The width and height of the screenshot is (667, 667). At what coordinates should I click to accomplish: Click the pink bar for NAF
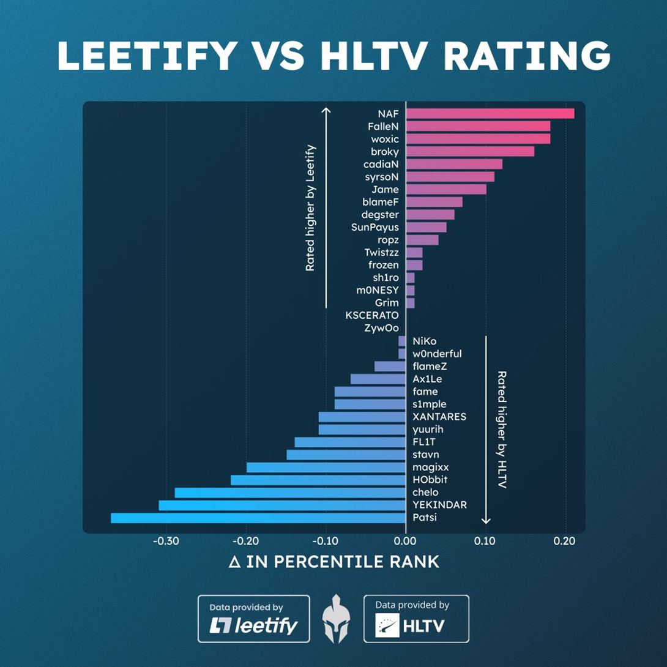click(x=490, y=113)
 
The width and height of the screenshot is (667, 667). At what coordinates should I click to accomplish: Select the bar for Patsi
click(x=258, y=518)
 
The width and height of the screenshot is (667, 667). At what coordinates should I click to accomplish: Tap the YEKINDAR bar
click(x=281, y=505)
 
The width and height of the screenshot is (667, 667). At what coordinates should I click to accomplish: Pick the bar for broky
click(x=469, y=151)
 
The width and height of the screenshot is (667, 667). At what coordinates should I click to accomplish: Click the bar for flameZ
click(x=390, y=367)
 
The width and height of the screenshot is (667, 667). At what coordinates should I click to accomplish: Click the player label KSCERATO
click(x=372, y=316)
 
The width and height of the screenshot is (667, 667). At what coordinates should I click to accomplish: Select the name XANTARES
click(x=439, y=417)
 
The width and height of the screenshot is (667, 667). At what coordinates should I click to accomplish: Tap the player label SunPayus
click(x=375, y=227)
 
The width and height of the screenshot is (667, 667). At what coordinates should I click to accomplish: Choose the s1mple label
click(x=430, y=404)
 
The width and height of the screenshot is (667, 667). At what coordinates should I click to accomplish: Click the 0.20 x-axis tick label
click(x=564, y=541)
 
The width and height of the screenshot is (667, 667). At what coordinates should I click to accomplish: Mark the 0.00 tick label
click(x=405, y=541)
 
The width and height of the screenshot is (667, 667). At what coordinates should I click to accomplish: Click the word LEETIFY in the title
click(x=147, y=56)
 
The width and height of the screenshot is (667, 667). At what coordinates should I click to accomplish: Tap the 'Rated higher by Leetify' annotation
click(x=310, y=208)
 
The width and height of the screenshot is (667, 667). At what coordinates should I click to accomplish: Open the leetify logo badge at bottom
click(x=253, y=619)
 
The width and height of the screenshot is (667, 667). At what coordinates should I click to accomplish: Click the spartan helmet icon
click(x=337, y=619)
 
